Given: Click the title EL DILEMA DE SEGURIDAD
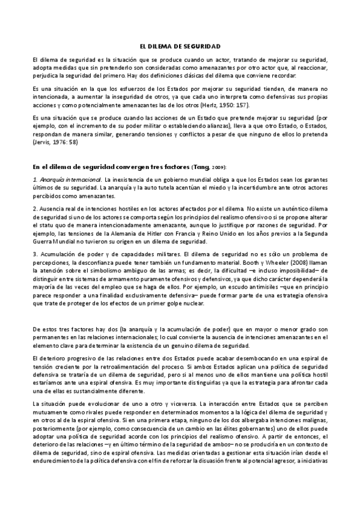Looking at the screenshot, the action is pyautogui.click(x=180, y=46).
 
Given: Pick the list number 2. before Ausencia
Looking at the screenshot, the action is pyautogui.click(x=35, y=207).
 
